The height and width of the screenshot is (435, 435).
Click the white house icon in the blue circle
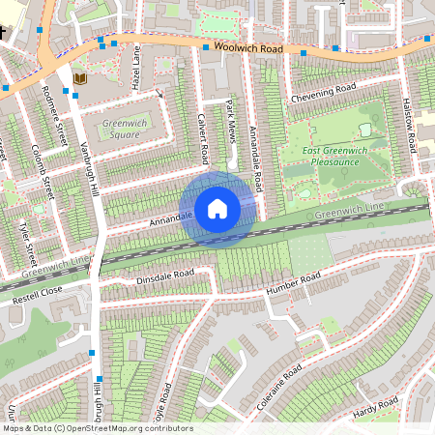coord(217,208)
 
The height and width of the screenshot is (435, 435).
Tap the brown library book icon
coord(80,77)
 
